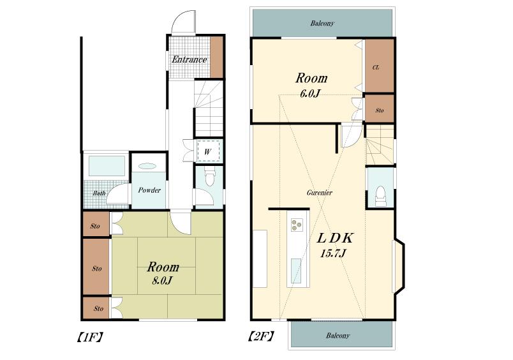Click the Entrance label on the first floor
[189, 60]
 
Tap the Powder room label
[149, 190]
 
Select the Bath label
[99, 192]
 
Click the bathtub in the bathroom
[105, 166]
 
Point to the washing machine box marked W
[207, 151]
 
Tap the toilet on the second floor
[380, 194]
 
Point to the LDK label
[336, 238]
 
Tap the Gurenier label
[318, 192]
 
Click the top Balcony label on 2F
[322, 24]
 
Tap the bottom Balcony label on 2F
[338, 336]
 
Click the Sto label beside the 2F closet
[379, 110]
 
